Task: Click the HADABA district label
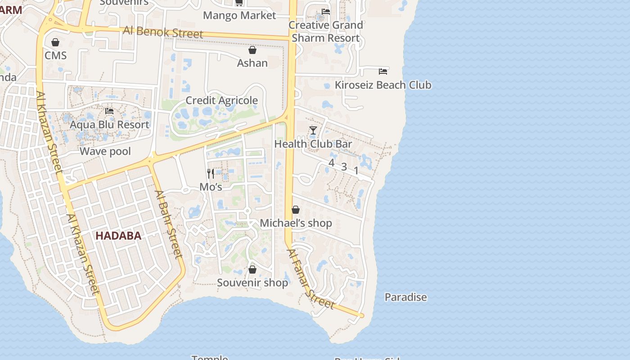[118, 236]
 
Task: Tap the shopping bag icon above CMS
[55, 42]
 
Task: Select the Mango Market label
[239, 15]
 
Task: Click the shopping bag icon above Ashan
[252, 49]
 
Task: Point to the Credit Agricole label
[221, 100]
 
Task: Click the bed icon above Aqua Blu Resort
[109, 111]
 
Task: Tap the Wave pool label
[105, 151]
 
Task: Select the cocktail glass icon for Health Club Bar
[313, 130]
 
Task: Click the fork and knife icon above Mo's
[211, 173]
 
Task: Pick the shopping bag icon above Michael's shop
[296, 210]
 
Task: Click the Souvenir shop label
[252, 283]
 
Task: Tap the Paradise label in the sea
[405, 297]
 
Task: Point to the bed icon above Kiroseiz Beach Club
[383, 71]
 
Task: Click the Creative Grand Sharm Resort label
[325, 31]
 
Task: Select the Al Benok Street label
[163, 32]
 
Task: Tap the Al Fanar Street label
[311, 279]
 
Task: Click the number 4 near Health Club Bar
[332, 163]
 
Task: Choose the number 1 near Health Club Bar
[356, 171]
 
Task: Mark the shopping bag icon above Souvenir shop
[252, 269]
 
